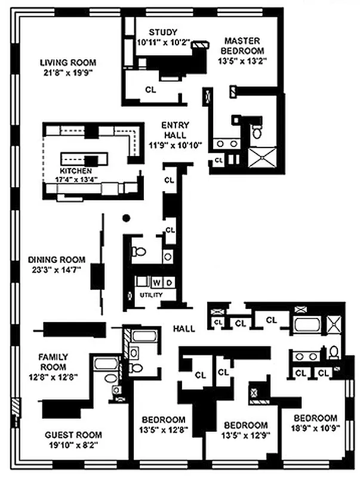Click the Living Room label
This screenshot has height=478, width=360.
tap(67, 62)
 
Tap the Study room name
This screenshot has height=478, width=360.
tap(164, 32)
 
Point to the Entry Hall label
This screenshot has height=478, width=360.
tap(176, 125)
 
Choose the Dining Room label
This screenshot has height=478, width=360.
tap(57, 260)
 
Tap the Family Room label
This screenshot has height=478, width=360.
tap(53, 357)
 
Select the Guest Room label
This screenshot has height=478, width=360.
tap(73, 435)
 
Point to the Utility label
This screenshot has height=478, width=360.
tap(151, 295)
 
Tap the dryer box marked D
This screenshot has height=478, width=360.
tap(169, 282)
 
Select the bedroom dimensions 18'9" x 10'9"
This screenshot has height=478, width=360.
tap(315, 428)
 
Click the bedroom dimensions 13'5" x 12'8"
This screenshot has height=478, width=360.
tap(164, 429)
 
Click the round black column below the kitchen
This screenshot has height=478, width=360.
tap(126, 218)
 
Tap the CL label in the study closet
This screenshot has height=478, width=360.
tap(152, 89)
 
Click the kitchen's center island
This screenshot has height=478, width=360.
tap(85, 159)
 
